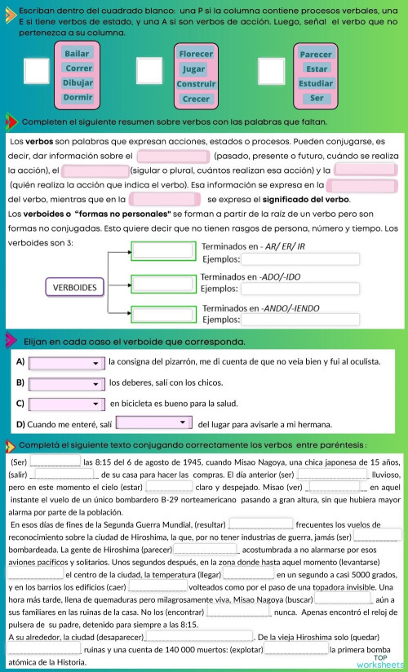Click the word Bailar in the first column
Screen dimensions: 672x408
78,54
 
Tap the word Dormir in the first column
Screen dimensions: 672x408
78,97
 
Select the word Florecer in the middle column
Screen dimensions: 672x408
195,55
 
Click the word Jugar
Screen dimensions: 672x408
194,69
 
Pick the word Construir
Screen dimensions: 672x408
196,84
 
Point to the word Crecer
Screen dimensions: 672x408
196,99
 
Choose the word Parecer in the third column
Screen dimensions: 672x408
316,55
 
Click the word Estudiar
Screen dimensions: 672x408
316,83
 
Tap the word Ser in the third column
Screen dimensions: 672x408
317,98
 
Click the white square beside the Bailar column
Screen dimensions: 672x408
37,70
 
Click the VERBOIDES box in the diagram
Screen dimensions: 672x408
75,287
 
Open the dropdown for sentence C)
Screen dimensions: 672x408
67,403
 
